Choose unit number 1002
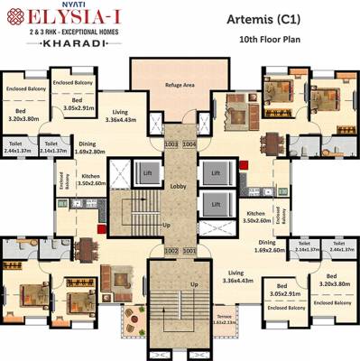click(x=169, y=250)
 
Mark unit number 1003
click(x=171, y=143)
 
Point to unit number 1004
click(x=189, y=143)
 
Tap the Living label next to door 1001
click(x=238, y=277)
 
